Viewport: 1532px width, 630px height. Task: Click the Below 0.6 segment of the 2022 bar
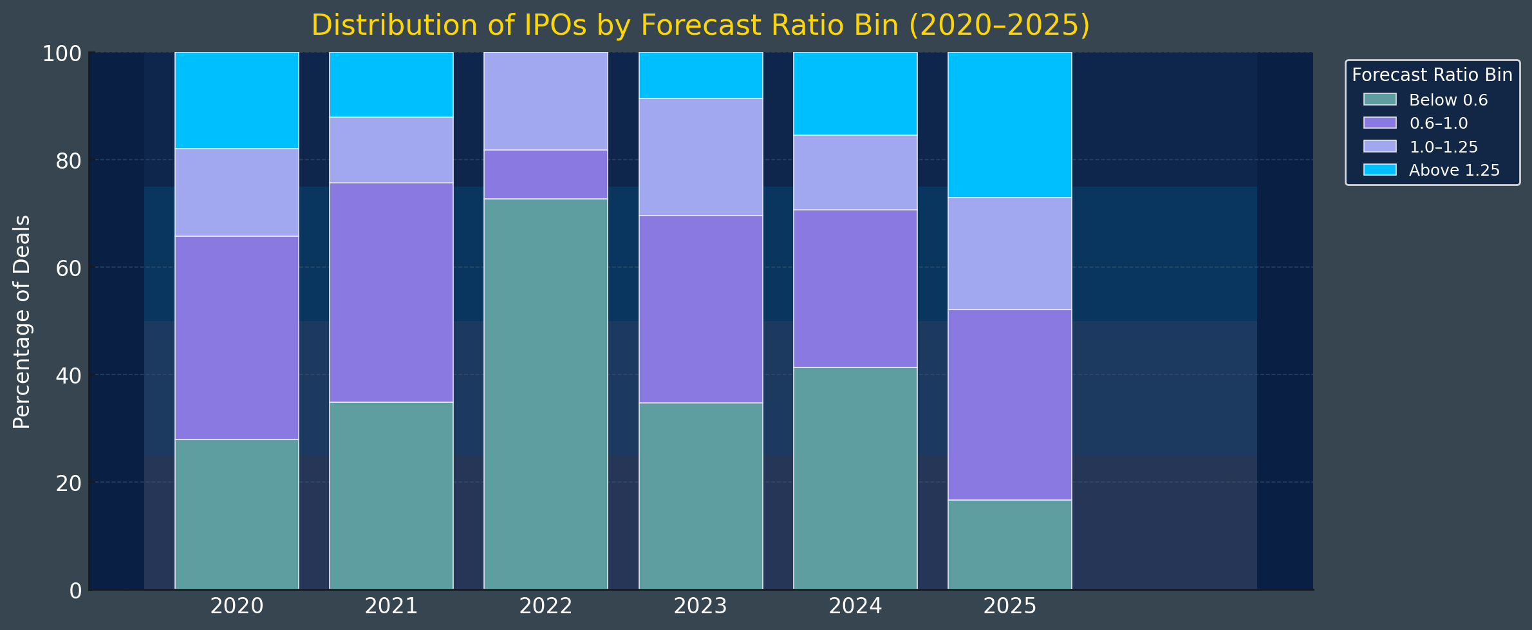pos(545,393)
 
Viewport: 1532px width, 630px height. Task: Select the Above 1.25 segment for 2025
pos(1009,125)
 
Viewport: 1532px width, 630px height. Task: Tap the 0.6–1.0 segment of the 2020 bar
pos(236,338)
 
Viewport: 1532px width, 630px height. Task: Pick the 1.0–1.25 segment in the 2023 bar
pos(700,156)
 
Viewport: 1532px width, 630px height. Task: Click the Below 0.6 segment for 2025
pos(1009,544)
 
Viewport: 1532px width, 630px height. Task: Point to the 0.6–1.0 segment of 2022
pos(545,174)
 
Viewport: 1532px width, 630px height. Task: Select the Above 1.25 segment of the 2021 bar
pos(391,84)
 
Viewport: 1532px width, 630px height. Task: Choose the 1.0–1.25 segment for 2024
pos(855,172)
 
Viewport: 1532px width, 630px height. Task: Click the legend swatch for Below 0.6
pos(1379,100)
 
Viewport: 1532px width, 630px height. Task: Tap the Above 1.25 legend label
pos(1454,171)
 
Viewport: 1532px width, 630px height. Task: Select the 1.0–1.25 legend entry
pos(1443,147)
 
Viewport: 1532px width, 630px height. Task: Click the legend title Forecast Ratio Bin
pos(1432,75)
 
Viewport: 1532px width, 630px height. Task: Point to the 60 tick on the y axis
pos(69,268)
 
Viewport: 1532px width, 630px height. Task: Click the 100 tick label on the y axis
pos(62,53)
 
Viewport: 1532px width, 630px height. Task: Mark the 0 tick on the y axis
pos(75,590)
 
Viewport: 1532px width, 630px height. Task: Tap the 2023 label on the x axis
pos(700,606)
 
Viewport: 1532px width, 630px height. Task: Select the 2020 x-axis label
pos(236,606)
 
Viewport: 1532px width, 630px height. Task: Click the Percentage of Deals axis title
pos(22,322)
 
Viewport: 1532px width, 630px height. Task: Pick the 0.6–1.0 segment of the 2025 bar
pos(1009,404)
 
